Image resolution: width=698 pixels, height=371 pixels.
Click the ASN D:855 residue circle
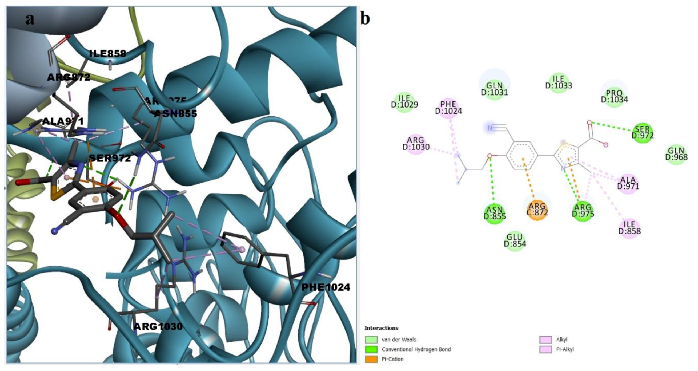495,213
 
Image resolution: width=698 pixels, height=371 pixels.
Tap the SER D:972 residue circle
643,132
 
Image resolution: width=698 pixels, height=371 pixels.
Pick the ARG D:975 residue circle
583,211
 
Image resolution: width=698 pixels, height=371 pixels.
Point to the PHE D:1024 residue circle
448,108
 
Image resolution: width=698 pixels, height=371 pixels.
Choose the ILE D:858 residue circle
629,228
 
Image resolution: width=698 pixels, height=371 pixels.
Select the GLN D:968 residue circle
676,154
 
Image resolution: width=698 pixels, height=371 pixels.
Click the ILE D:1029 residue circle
404,102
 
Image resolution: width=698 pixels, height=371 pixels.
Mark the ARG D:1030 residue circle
416,144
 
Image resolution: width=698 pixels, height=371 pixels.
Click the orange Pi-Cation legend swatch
371,359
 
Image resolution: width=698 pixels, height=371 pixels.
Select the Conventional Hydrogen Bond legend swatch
371,349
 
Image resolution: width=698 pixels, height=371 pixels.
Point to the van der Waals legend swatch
371,339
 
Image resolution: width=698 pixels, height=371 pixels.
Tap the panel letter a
30,19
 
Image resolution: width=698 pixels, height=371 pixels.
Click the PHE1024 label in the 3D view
326,287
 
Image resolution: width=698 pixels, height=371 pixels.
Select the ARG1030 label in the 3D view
158,326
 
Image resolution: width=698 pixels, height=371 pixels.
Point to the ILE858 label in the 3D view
107,54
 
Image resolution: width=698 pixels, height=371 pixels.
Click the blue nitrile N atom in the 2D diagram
490,128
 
